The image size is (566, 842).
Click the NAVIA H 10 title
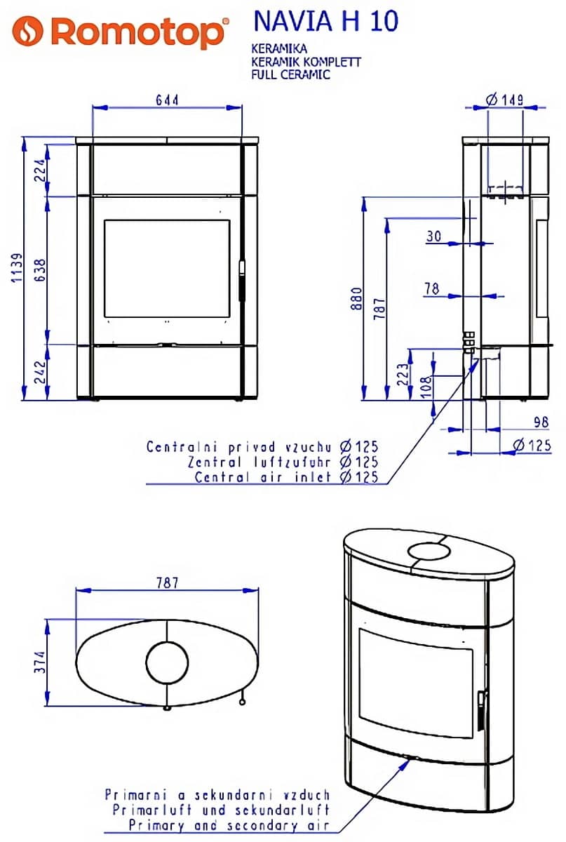click(x=326, y=21)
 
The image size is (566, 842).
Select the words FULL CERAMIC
click(x=290, y=74)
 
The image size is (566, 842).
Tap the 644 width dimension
click(x=167, y=100)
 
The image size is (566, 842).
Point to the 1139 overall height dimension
click(x=17, y=268)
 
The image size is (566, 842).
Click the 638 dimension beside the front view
click(x=40, y=270)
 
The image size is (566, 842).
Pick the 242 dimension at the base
click(x=40, y=372)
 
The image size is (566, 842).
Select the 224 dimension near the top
click(x=40, y=171)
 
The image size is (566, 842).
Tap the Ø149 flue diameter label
click(x=504, y=100)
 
